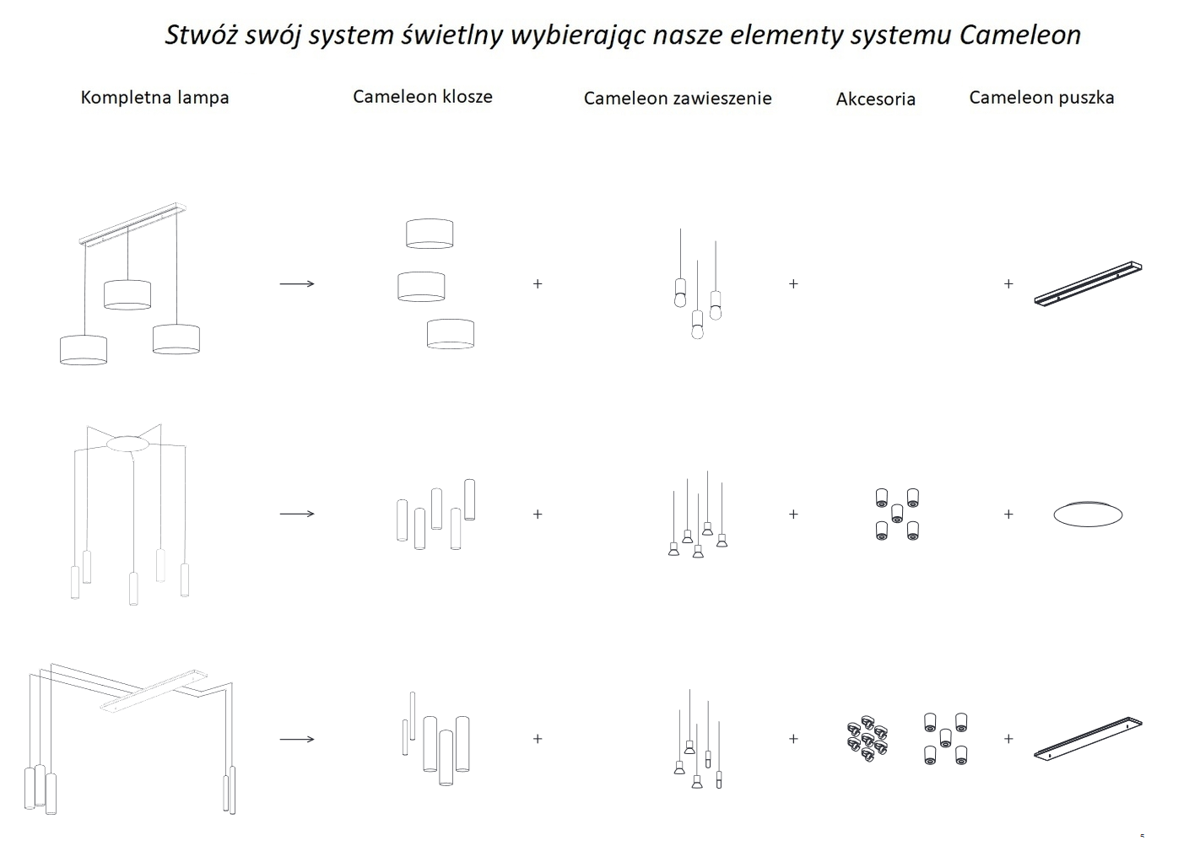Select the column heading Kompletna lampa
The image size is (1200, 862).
pyautogui.click(x=154, y=97)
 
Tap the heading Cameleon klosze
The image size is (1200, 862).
pyautogui.click(x=422, y=96)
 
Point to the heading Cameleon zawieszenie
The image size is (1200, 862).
pyautogui.click(x=677, y=98)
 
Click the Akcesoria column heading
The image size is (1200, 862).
pyautogui.click(x=875, y=99)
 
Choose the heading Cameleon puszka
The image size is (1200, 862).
pyautogui.click(x=1041, y=97)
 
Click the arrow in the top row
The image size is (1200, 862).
pyautogui.click(x=297, y=284)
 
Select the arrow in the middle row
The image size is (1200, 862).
pyautogui.click(x=297, y=514)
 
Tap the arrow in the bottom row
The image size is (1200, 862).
pyautogui.click(x=297, y=740)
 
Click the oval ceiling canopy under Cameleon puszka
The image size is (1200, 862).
pyautogui.click(x=1088, y=514)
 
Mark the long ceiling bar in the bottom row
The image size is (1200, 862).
pyautogui.click(x=1087, y=739)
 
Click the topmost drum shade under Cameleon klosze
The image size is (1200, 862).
pyautogui.click(x=430, y=234)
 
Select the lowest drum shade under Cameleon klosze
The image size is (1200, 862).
pyautogui.click(x=450, y=333)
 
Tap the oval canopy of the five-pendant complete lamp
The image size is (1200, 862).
pyautogui.click(x=127, y=444)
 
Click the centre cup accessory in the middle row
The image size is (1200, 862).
pyautogui.click(x=897, y=514)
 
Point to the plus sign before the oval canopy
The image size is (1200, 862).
pyautogui.click(x=1008, y=514)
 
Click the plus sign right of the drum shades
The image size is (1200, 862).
pyautogui.click(x=538, y=284)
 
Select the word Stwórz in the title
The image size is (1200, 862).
pyautogui.click(x=195, y=35)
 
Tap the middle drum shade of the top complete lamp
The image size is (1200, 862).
pyautogui.click(x=127, y=294)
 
